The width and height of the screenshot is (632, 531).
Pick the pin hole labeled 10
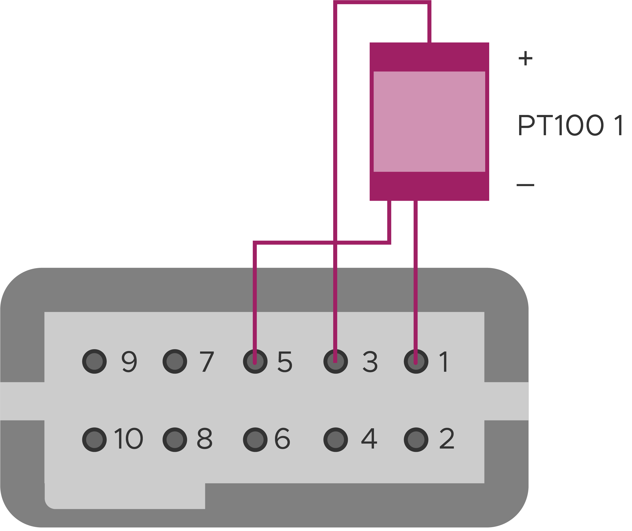point(94,440)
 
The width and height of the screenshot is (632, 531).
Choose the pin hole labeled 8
point(175,440)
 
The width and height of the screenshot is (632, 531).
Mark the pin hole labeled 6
point(255,440)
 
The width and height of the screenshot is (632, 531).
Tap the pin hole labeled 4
point(336,440)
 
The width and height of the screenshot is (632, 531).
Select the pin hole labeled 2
point(416,440)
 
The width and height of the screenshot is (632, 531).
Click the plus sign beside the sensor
point(525,58)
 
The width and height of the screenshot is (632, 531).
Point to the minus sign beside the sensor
point(525,185)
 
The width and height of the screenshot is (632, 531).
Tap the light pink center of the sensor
point(429,121)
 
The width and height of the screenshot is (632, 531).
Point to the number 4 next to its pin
point(369,439)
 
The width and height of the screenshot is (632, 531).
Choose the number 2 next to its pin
point(447,439)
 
